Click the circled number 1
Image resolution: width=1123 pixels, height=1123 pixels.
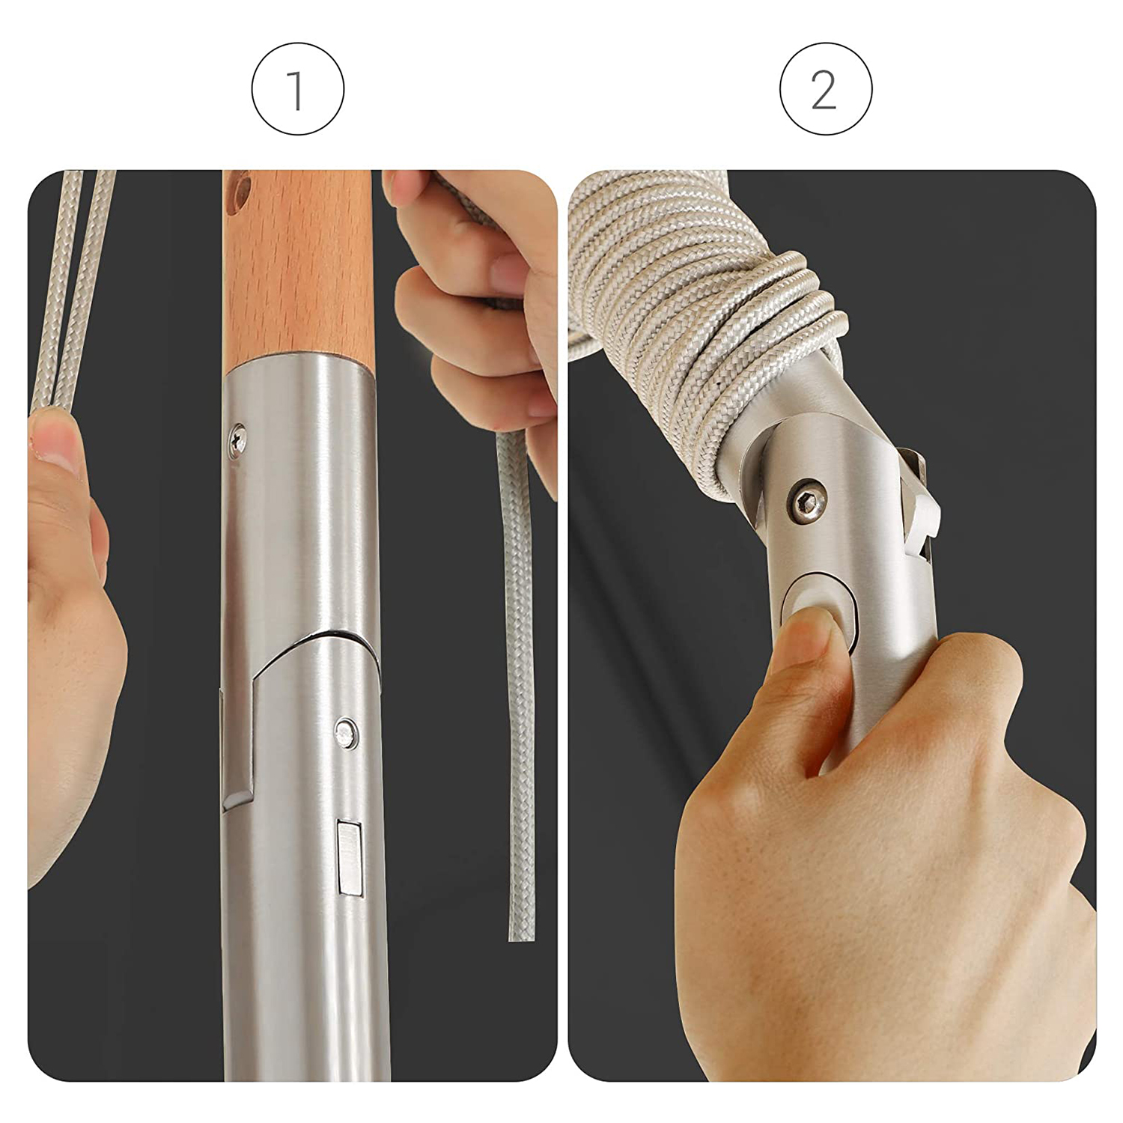coord(297,89)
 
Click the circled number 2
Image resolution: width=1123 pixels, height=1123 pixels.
coord(826,89)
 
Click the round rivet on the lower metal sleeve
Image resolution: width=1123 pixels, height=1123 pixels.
coord(346,733)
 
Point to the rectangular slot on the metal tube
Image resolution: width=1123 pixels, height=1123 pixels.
coord(350,858)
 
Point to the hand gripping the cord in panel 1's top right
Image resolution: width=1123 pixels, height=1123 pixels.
coord(479,314)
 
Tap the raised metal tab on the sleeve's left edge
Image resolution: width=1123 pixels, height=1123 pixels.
coord(237,749)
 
